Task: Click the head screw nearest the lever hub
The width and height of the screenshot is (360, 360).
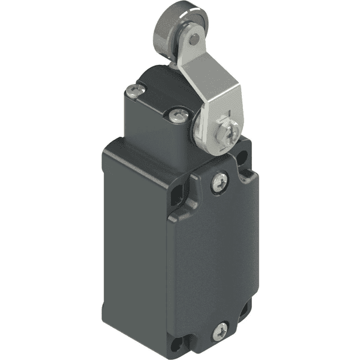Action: point(176,116)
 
